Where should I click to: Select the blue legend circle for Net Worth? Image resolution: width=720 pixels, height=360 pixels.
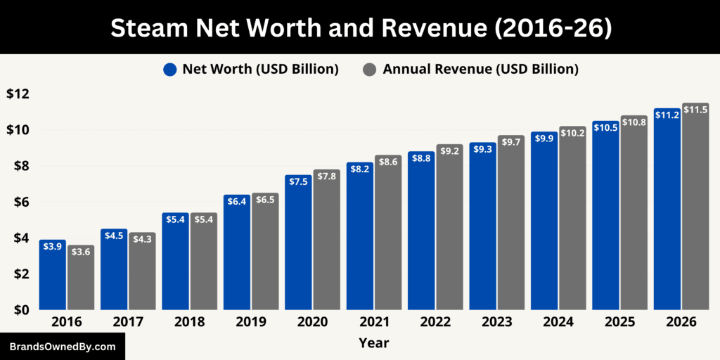[x=170, y=69]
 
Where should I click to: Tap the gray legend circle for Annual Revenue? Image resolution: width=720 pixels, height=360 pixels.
[x=370, y=69]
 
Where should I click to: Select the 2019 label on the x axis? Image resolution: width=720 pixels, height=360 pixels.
[x=250, y=322]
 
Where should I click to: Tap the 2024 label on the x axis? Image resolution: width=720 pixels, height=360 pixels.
[x=558, y=322]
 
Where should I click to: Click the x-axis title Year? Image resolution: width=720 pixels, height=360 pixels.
[x=373, y=343]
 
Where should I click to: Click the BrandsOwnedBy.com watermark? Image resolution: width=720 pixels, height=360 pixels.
[x=63, y=347]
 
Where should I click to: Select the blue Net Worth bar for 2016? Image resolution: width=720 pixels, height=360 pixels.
[x=52, y=278]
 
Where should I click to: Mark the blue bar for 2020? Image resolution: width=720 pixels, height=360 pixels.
[x=298, y=246]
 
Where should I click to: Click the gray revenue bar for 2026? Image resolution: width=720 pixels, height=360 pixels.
[x=695, y=211]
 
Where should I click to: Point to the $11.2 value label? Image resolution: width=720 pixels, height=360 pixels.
[x=667, y=115]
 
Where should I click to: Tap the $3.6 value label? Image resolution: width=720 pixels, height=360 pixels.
[x=80, y=252]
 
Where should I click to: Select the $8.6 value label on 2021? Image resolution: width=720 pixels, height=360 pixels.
[x=388, y=162]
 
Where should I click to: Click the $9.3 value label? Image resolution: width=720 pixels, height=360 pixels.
[x=482, y=149]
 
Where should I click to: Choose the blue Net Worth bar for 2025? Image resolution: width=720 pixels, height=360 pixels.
[x=605, y=218]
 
